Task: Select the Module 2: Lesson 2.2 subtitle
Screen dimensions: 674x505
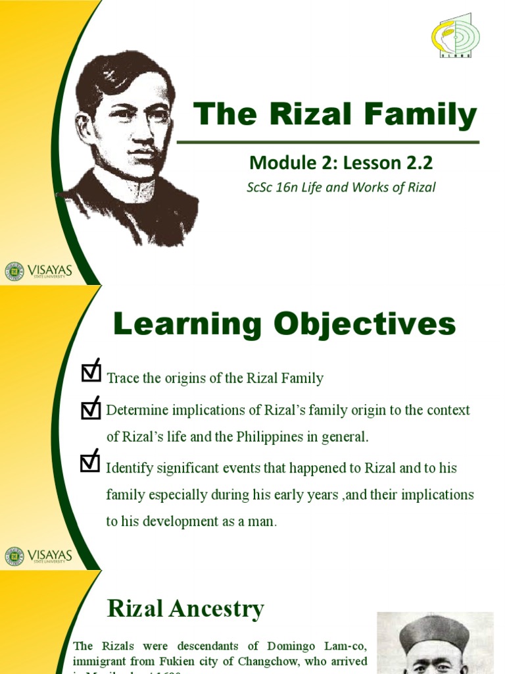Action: click(x=341, y=162)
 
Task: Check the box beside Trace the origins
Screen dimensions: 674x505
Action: click(x=90, y=372)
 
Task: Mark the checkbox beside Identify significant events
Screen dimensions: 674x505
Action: click(x=90, y=462)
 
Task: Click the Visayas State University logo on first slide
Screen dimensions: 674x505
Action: click(x=38, y=271)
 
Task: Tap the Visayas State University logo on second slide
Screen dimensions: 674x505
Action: click(x=38, y=556)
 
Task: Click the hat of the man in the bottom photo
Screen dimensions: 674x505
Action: click(x=435, y=632)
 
